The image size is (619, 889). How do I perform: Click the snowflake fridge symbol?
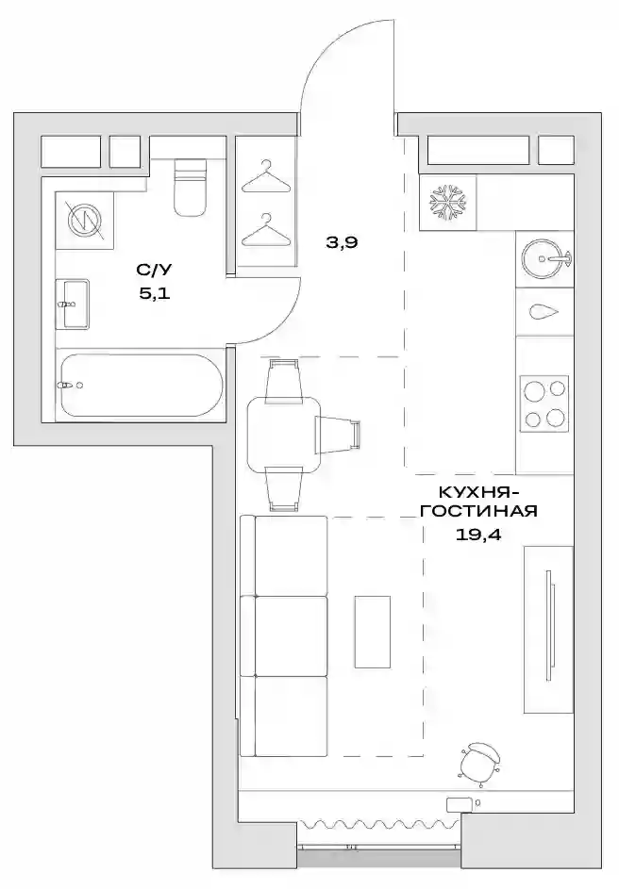click(x=447, y=203)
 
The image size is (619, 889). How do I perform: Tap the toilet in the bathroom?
click(x=190, y=188)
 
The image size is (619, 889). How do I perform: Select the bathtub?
click(x=142, y=386)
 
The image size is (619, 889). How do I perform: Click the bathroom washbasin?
click(x=73, y=304)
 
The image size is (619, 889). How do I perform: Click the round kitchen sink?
click(x=545, y=259)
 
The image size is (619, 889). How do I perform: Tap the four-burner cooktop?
click(x=544, y=403)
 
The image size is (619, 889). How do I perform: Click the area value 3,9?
click(x=343, y=242)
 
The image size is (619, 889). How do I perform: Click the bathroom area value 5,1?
click(x=155, y=294)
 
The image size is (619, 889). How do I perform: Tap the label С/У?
click(x=153, y=271)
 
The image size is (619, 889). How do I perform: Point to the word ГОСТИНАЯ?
click(x=478, y=511)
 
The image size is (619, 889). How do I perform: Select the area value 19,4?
click(x=478, y=535)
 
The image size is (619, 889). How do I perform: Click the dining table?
click(x=284, y=435)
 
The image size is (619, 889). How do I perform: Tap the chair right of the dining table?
click(x=339, y=435)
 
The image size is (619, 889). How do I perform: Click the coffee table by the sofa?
click(x=373, y=632)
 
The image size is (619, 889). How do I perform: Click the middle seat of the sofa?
click(x=292, y=635)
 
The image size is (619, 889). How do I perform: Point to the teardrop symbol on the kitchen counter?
click(x=544, y=311)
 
